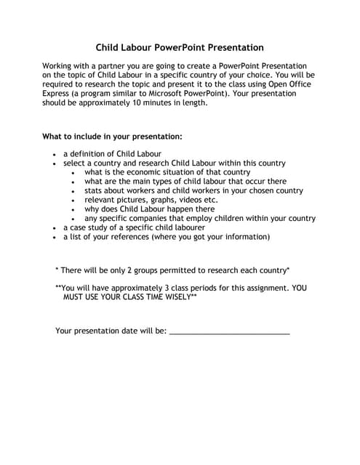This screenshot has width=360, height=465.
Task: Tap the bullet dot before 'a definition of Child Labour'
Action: point(55,155)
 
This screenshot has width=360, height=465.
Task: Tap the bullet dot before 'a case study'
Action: point(55,228)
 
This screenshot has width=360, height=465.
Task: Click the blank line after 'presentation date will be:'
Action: point(229,332)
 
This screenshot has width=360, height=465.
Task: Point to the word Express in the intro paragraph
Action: point(58,94)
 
